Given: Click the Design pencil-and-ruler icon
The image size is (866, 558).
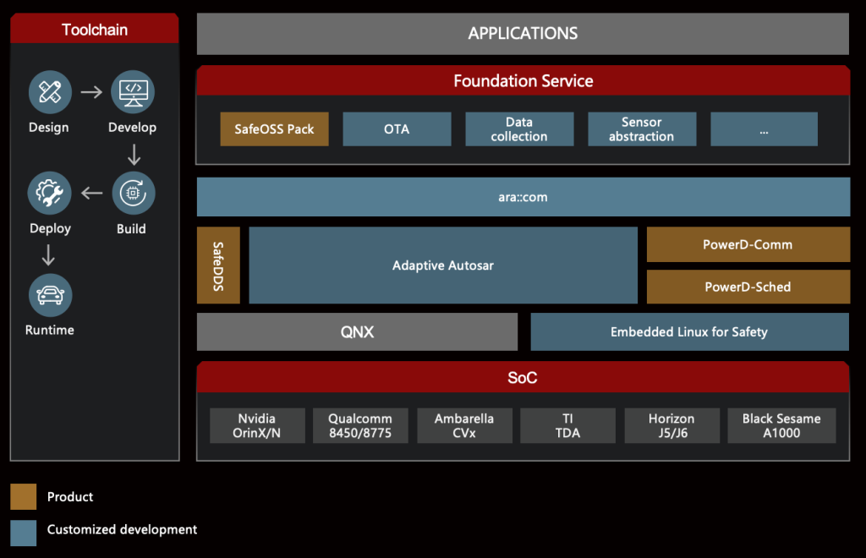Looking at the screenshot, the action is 50,91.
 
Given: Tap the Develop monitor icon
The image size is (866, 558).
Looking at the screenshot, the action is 133,91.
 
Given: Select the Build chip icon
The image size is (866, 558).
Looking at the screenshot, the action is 133,193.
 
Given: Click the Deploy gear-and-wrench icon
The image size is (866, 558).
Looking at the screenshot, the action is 50,193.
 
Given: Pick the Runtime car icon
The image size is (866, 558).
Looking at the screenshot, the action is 50,295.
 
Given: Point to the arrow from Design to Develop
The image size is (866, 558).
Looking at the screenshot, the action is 91,91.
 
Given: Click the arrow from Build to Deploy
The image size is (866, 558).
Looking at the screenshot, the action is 91,193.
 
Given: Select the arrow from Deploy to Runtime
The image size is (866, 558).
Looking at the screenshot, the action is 48,255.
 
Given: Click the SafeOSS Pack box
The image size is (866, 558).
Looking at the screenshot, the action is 275,129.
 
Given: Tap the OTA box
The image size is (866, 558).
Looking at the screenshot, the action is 397,129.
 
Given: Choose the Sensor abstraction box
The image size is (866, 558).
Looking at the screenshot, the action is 642,129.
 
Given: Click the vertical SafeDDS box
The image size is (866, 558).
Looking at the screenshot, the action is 219,265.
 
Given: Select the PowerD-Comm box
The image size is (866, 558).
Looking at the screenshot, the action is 748,244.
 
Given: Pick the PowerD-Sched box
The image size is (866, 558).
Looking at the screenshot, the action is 748,287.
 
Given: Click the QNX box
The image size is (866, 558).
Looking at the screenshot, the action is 358,331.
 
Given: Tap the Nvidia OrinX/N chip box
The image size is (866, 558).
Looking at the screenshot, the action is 257,425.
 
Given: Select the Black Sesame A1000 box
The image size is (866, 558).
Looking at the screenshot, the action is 781,425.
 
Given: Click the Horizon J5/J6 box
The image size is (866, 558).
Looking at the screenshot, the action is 672,425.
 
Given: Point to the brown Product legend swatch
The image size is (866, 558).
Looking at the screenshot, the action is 23,497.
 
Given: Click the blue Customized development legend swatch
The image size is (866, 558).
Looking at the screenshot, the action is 23,533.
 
